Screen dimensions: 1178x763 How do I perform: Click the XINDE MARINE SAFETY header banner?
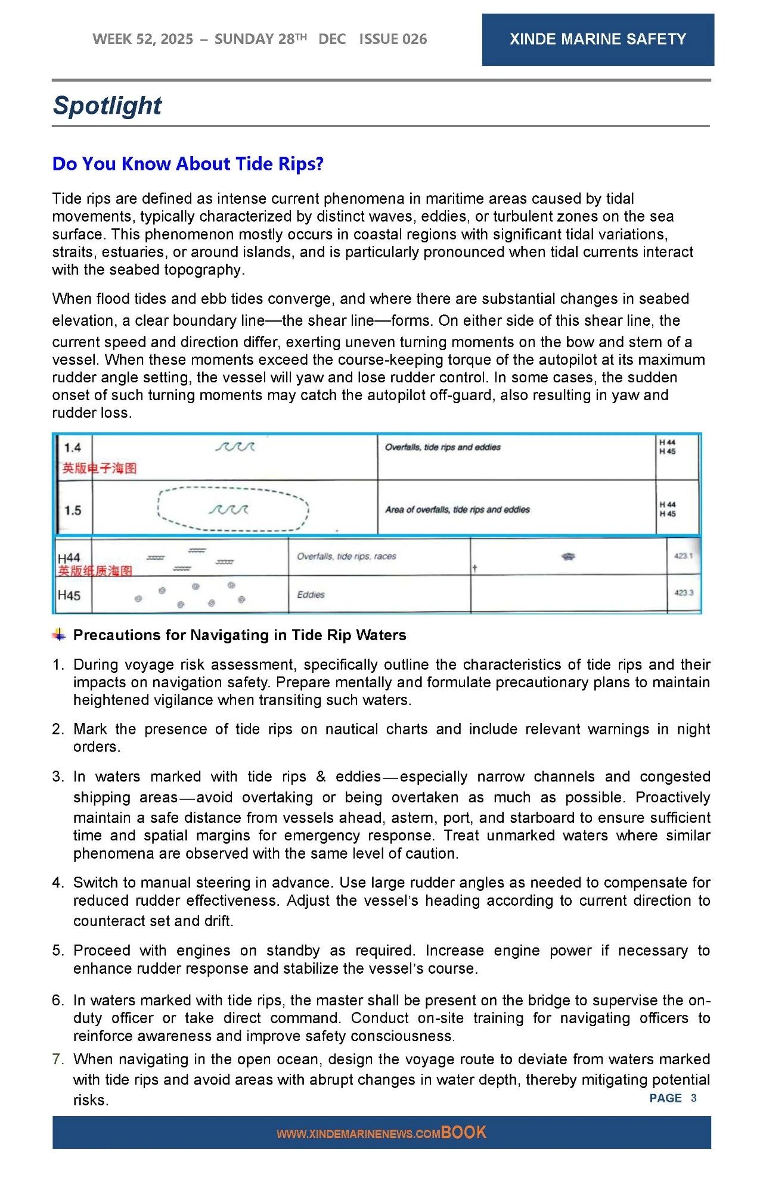(x=597, y=39)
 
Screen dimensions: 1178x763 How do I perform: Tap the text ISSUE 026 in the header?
(x=393, y=39)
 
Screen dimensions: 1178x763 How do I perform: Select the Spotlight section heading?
(x=107, y=105)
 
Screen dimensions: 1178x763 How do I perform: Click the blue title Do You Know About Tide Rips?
(x=188, y=164)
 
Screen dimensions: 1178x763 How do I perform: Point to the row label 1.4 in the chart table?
(x=73, y=448)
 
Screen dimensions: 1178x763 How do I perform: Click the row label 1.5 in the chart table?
(x=73, y=510)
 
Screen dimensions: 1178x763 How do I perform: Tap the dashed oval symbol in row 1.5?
(x=233, y=509)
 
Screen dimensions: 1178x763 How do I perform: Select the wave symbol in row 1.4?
(x=235, y=447)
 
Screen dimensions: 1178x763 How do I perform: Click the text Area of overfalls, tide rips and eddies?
(x=457, y=510)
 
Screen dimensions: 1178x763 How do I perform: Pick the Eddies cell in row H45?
(x=311, y=594)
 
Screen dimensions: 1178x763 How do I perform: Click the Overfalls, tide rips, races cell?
(x=346, y=556)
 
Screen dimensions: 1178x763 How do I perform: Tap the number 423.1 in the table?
(x=683, y=556)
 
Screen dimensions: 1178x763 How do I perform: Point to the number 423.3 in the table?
(x=683, y=593)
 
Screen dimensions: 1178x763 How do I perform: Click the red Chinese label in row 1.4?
(x=100, y=469)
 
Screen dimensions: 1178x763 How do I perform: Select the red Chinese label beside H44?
(x=95, y=571)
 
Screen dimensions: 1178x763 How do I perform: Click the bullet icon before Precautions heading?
(x=59, y=634)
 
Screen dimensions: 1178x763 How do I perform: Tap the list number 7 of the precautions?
(x=57, y=1059)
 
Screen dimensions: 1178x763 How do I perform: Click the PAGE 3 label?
(x=672, y=1098)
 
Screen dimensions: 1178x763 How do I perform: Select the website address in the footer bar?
(x=358, y=1134)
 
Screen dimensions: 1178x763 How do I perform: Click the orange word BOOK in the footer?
(x=464, y=1132)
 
